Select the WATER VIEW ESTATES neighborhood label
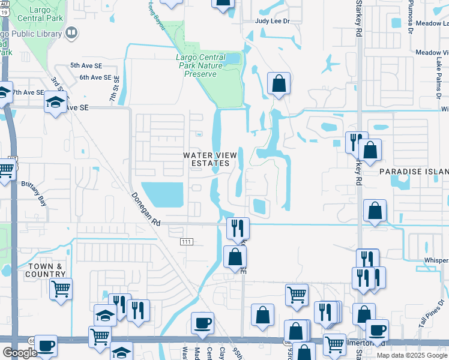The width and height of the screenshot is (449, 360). [x=206, y=159]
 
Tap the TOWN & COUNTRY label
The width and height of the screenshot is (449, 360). [x=44, y=270]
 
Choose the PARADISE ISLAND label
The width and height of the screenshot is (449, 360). [x=414, y=172]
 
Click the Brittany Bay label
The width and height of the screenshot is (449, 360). [x=34, y=185]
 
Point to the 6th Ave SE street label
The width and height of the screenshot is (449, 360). [x=95, y=77]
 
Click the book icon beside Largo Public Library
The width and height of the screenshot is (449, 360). [x=71, y=33]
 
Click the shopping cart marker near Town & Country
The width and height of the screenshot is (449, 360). [x=61, y=289]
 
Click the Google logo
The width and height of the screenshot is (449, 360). [x=19, y=353]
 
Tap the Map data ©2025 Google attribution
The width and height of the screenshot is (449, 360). [x=412, y=355]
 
